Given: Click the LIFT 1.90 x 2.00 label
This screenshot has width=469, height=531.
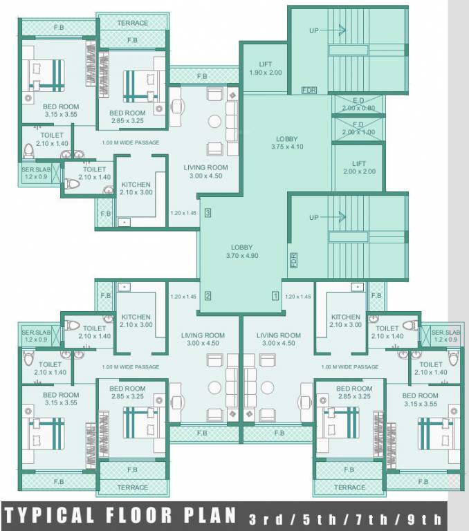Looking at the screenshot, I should [266, 68].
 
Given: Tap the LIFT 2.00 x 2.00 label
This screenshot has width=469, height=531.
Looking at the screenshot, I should [359, 167].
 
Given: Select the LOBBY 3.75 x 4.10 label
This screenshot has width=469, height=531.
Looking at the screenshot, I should [287, 142].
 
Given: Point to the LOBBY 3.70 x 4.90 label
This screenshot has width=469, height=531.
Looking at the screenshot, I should [241, 251].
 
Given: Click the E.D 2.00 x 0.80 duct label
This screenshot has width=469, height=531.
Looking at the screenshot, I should [358, 104].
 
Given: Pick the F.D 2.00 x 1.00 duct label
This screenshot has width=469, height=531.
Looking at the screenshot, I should [358, 128].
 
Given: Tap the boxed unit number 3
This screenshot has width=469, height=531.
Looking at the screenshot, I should [208, 213].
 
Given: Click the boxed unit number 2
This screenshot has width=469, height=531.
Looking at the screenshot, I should [208, 296].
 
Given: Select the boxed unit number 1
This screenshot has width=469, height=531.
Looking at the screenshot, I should [275, 296].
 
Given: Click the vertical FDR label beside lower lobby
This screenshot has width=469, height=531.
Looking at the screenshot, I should [293, 261].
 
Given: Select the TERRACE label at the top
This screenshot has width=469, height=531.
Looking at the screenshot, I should [132, 23].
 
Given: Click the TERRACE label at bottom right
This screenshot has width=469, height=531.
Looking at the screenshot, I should [349, 487].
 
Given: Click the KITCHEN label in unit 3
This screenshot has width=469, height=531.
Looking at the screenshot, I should [136, 188].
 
